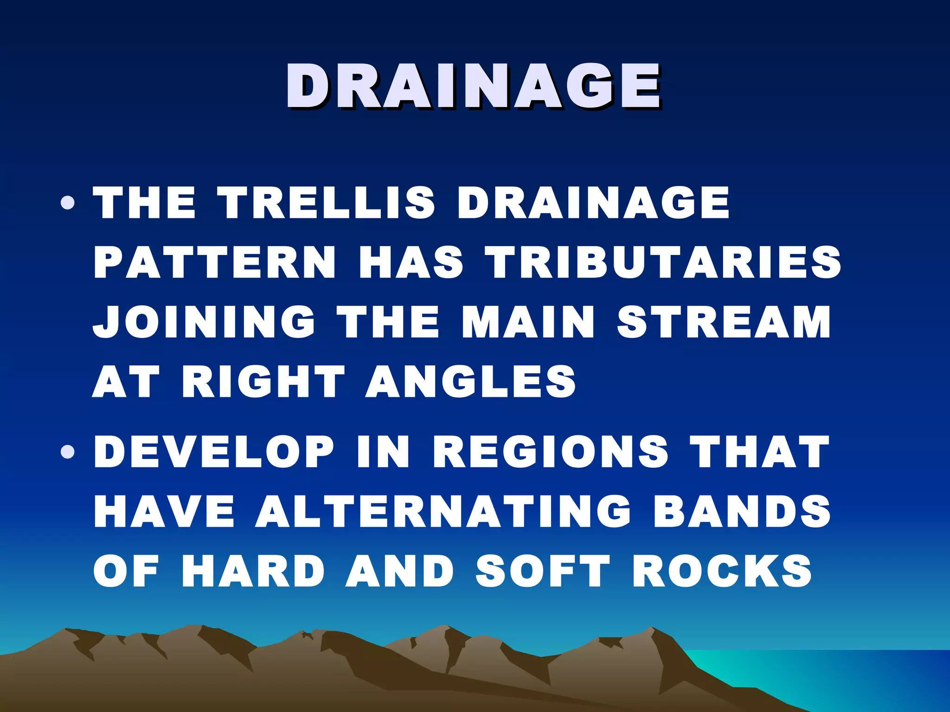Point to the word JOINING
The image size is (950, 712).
click(204, 322)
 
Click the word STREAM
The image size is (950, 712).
click(724, 322)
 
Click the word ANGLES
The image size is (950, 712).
click(470, 381)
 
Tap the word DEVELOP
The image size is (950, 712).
click(213, 452)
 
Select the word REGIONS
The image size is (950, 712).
click(550, 452)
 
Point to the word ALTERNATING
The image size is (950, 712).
click(443, 511)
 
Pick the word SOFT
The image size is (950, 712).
click(543, 571)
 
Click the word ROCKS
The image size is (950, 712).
click(721, 571)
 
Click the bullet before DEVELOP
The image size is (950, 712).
click(68, 452)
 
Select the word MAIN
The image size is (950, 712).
click(528, 322)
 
